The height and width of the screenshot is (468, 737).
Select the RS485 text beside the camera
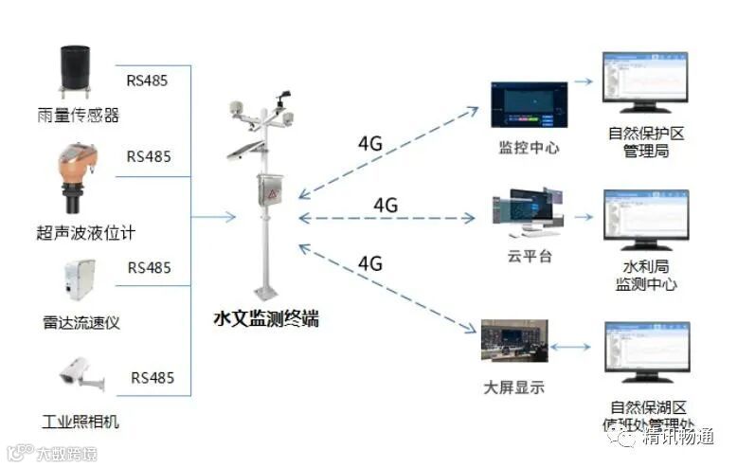153,378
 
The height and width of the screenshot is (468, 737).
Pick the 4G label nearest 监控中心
369,143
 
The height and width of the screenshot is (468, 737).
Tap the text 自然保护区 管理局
646,142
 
